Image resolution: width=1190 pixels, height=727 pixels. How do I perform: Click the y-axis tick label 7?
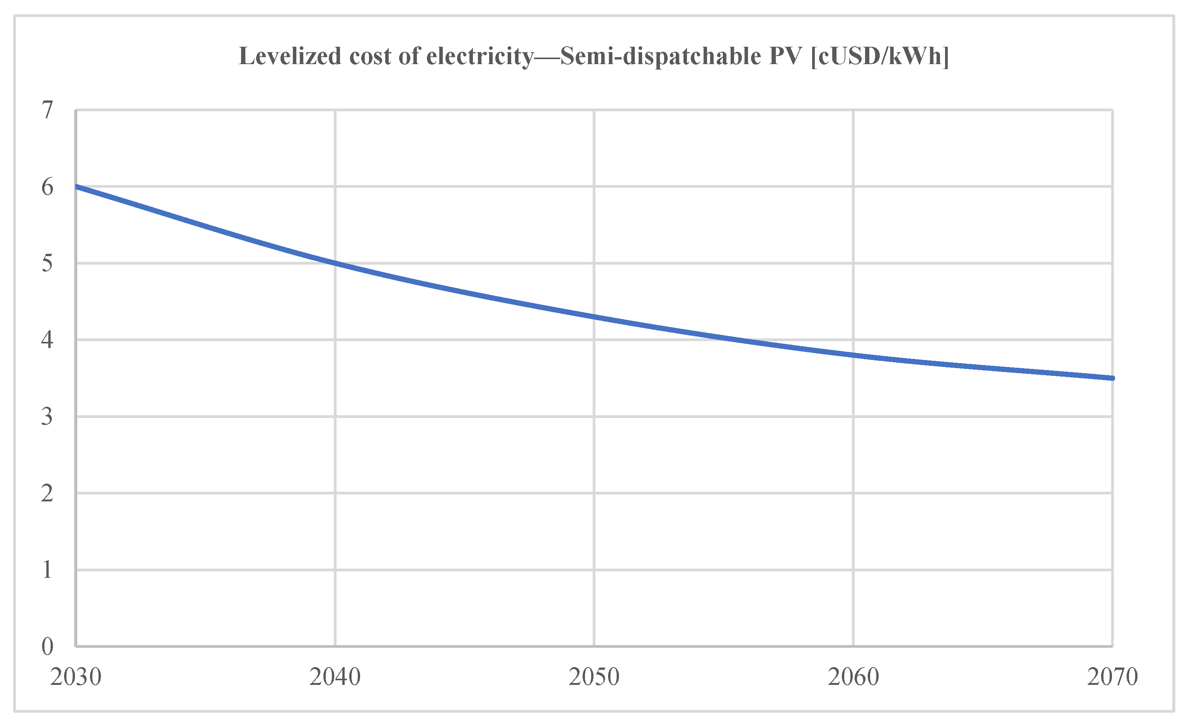(x=47, y=110)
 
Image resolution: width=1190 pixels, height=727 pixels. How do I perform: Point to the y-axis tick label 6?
(x=47, y=187)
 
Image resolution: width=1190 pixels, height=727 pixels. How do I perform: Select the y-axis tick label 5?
(x=47, y=263)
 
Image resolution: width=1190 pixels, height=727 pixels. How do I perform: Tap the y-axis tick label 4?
(x=47, y=340)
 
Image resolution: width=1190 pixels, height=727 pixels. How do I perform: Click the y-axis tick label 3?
(x=47, y=416)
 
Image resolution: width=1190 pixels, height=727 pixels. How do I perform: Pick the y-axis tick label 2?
(x=47, y=493)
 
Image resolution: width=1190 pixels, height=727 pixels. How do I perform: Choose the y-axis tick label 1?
(x=47, y=570)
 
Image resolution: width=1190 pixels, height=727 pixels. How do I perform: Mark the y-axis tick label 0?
(x=47, y=646)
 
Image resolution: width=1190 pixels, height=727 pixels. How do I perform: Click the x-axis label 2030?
(x=76, y=677)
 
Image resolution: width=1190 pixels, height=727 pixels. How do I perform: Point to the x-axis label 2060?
(x=853, y=677)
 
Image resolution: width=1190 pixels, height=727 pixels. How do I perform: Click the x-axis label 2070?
(x=1112, y=677)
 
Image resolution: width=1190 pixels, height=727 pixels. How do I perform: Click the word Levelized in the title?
(x=290, y=56)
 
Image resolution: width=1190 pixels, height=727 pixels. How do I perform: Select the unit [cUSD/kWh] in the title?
(x=880, y=56)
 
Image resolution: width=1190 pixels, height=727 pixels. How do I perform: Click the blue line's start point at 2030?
(x=77, y=186)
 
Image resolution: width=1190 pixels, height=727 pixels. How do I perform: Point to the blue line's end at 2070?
(x=1112, y=378)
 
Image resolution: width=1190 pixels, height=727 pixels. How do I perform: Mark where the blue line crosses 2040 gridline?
(x=335, y=263)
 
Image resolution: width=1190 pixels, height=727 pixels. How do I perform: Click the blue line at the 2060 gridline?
(x=853, y=355)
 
